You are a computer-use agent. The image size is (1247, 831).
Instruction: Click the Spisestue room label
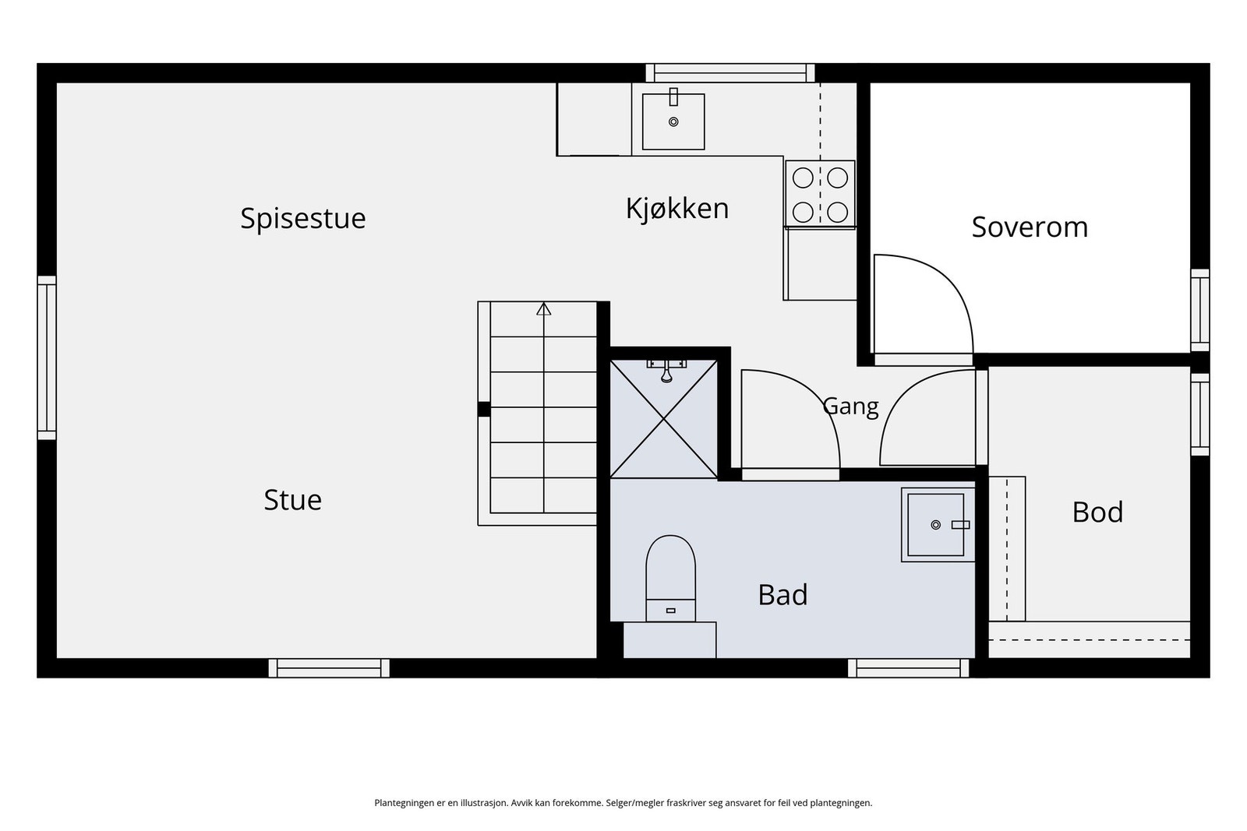pyautogui.click(x=303, y=219)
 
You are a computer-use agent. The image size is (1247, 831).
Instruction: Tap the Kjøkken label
pyautogui.click(x=677, y=210)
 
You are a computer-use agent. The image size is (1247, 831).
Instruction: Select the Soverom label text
pyautogui.click(x=1030, y=227)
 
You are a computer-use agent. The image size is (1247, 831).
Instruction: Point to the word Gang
pyautogui.click(x=850, y=406)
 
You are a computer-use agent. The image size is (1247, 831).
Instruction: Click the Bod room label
pyautogui.click(x=1097, y=512)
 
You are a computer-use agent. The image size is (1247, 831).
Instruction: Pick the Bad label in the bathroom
pyautogui.click(x=782, y=594)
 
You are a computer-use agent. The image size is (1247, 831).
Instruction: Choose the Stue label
pyautogui.click(x=293, y=499)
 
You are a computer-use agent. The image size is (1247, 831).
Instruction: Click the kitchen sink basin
pyautogui.click(x=673, y=121)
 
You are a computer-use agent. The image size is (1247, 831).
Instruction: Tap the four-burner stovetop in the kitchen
pyautogui.click(x=820, y=194)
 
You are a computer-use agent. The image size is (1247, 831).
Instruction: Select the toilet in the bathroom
pyautogui.click(x=670, y=578)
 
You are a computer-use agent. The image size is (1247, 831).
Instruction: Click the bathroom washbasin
pyautogui.click(x=938, y=524)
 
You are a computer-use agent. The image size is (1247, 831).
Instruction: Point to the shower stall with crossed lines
pyautogui.click(x=663, y=419)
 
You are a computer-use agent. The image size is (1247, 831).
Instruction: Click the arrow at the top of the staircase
pyautogui.click(x=543, y=308)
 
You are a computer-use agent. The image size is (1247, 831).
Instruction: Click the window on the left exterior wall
pyautogui.click(x=47, y=357)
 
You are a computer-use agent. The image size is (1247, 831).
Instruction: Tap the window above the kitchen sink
pyautogui.click(x=729, y=73)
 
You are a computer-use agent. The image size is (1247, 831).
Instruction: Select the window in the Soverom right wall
pyautogui.click(x=1200, y=311)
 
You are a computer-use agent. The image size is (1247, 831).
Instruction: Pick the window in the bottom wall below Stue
pyautogui.click(x=328, y=668)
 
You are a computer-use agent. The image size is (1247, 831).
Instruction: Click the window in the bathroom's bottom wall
pyautogui.click(x=909, y=668)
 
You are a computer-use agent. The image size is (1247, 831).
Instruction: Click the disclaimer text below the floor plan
pyautogui.click(x=623, y=803)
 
